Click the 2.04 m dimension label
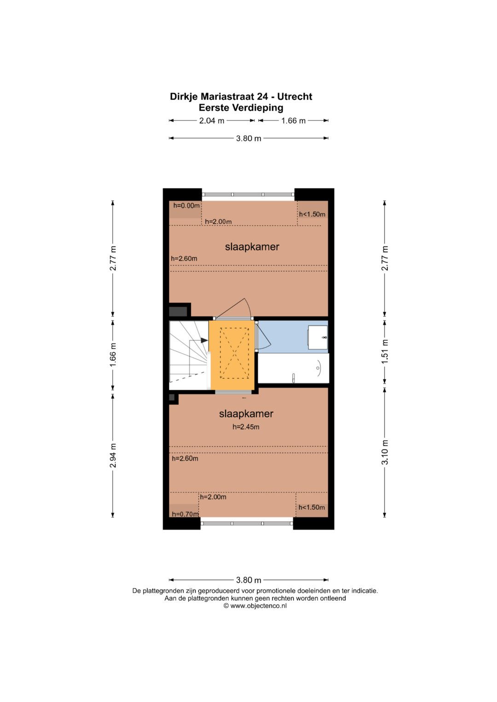[212, 120]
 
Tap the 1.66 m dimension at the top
[293, 120]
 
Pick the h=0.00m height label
[186, 206]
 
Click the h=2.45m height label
[246, 427]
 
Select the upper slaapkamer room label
[252, 246]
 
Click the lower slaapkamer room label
[246, 414]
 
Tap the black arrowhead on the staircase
[204, 340]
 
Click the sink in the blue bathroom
[318, 337]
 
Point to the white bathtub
[294, 368]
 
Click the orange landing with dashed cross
[232, 356]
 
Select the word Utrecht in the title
[295, 97]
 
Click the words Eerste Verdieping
[241, 108]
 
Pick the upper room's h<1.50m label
[312, 214]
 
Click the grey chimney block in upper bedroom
[178, 312]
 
